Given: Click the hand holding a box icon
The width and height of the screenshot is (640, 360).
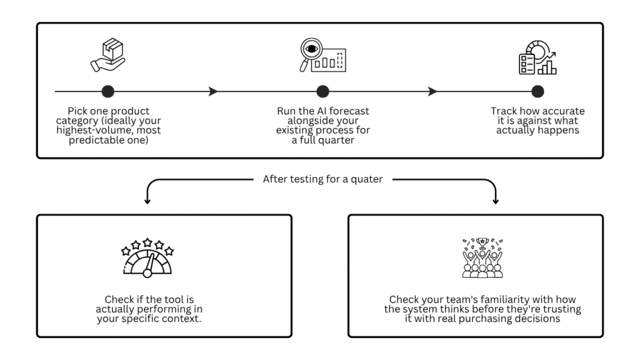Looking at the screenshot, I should click(x=107, y=56).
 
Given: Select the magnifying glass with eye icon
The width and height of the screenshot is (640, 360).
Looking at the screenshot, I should click(x=322, y=56).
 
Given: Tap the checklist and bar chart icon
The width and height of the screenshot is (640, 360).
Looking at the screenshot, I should click(x=537, y=58).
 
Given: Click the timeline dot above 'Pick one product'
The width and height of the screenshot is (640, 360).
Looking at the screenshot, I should click(x=107, y=92).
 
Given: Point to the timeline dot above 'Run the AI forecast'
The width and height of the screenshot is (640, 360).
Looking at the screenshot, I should click(x=322, y=92).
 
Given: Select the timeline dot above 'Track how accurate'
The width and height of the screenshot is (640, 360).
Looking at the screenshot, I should click(x=537, y=92).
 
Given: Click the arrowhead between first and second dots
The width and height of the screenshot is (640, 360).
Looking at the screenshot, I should click(x=213, y=92).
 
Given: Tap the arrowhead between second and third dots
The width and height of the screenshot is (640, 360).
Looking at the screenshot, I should click(x=432, y=92).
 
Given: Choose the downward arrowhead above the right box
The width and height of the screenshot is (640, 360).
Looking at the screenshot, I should click(x=496, y=201).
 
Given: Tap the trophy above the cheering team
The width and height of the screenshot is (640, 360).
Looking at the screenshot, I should click(x=481, y=242).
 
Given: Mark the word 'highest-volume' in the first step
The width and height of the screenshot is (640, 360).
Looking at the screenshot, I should click(x=91, y=130).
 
